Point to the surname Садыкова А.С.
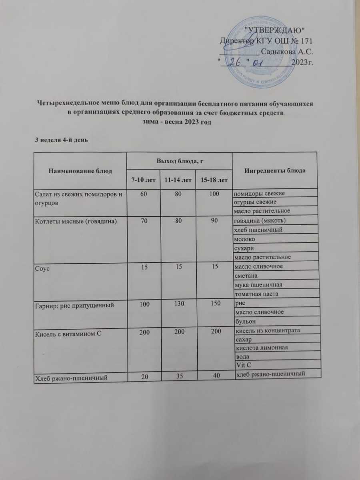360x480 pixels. point(286,51)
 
